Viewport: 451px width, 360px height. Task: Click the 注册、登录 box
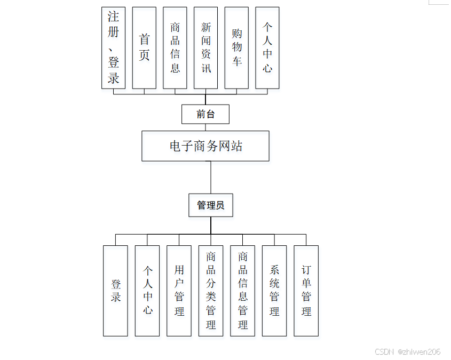tap(113, 47)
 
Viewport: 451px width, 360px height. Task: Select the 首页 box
tap(144, 47)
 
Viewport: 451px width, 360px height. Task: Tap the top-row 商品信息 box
tap(175, 47)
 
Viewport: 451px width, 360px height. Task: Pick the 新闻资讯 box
tap(206, 47)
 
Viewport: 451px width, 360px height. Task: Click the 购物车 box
tap(237, 47)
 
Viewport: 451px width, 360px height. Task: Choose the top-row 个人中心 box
tap(267, 47)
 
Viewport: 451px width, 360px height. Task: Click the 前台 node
tap(205, 114)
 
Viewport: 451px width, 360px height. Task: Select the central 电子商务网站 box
tap(205, 146)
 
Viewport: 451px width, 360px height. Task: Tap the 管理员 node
tap(211, 205)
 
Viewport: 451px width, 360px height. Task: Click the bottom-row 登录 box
tap(115, 291)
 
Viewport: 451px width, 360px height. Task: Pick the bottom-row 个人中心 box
tap(147, 291)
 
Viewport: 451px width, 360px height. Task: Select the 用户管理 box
tap(179, 291)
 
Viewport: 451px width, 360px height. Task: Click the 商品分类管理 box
tap(211, 291)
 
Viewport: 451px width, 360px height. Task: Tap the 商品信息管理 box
tap(243, 291)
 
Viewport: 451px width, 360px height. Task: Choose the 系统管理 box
tap(274, 291)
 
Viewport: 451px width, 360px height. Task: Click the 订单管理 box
tap(306, 291)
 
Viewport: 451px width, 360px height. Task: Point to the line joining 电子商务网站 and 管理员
tap(211, 177)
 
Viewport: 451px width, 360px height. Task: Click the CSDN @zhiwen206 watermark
tap(408, 352)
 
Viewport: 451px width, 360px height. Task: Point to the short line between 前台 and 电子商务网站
tap(205, 127)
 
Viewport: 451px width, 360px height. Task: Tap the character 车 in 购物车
tap(237, 61)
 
